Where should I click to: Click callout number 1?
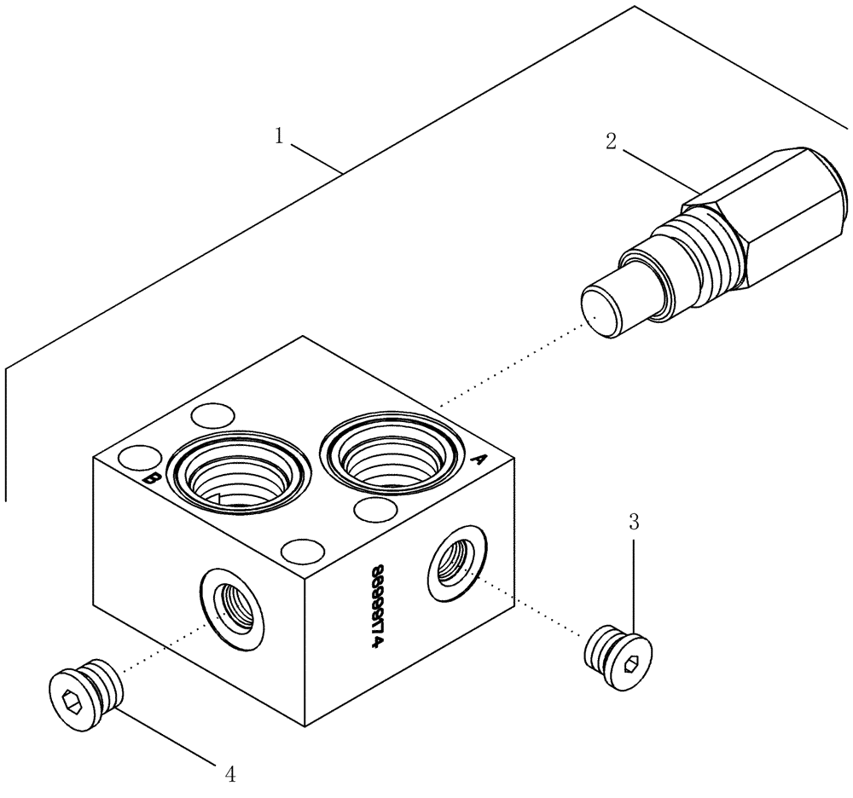(278, 136)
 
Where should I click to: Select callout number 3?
(634, 522)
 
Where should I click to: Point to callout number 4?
(229, 774)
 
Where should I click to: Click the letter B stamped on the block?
(152, 479)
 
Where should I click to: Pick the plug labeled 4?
(84, 690)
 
